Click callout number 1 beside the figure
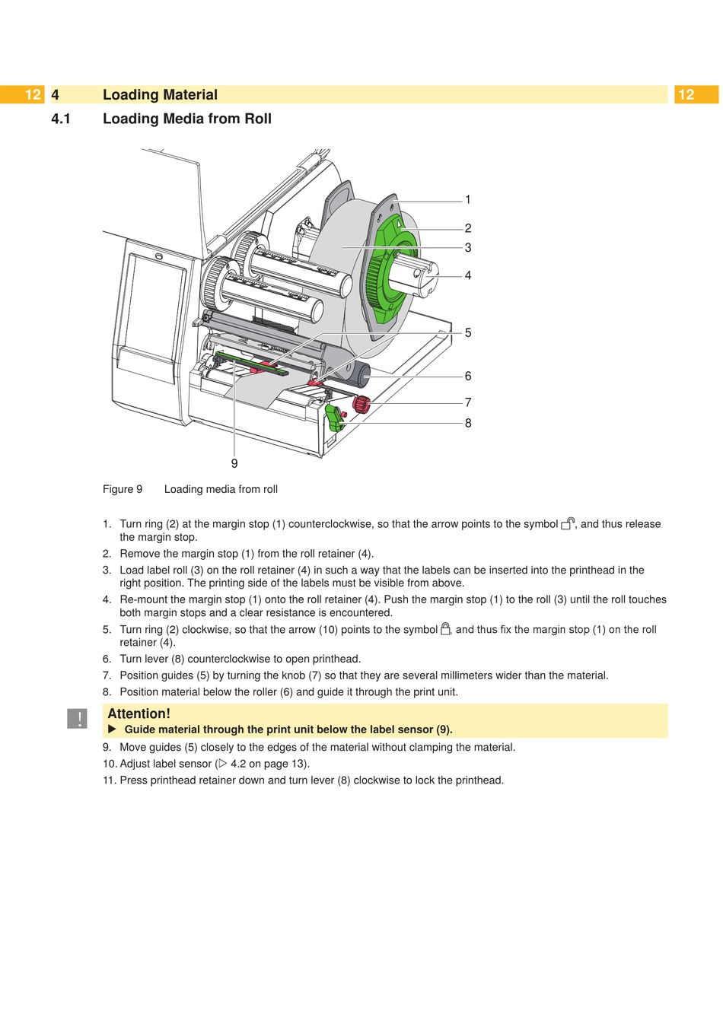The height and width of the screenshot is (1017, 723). [468, 199]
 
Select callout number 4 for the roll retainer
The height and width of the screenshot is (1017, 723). [468, 275]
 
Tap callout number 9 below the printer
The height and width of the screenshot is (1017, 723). [234, 463]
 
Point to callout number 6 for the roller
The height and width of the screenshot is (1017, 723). [468, 376]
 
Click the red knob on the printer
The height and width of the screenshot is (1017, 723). [361, 404]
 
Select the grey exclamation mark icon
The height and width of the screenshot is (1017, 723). [77, 718]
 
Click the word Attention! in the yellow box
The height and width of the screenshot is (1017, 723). [139, 713]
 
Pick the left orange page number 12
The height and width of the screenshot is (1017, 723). [32, 94]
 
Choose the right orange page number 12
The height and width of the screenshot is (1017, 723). [686, 94]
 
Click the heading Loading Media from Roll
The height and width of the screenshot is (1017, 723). [187, 119]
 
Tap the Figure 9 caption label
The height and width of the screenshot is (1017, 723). [123, 489]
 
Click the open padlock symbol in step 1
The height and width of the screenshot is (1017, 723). [568, 523]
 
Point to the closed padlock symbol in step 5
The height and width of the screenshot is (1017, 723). [446, 629]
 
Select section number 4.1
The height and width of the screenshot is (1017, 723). [61, 119]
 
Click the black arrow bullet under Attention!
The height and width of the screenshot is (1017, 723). [112, 729]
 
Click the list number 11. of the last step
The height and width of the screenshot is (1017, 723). [110, 780]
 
